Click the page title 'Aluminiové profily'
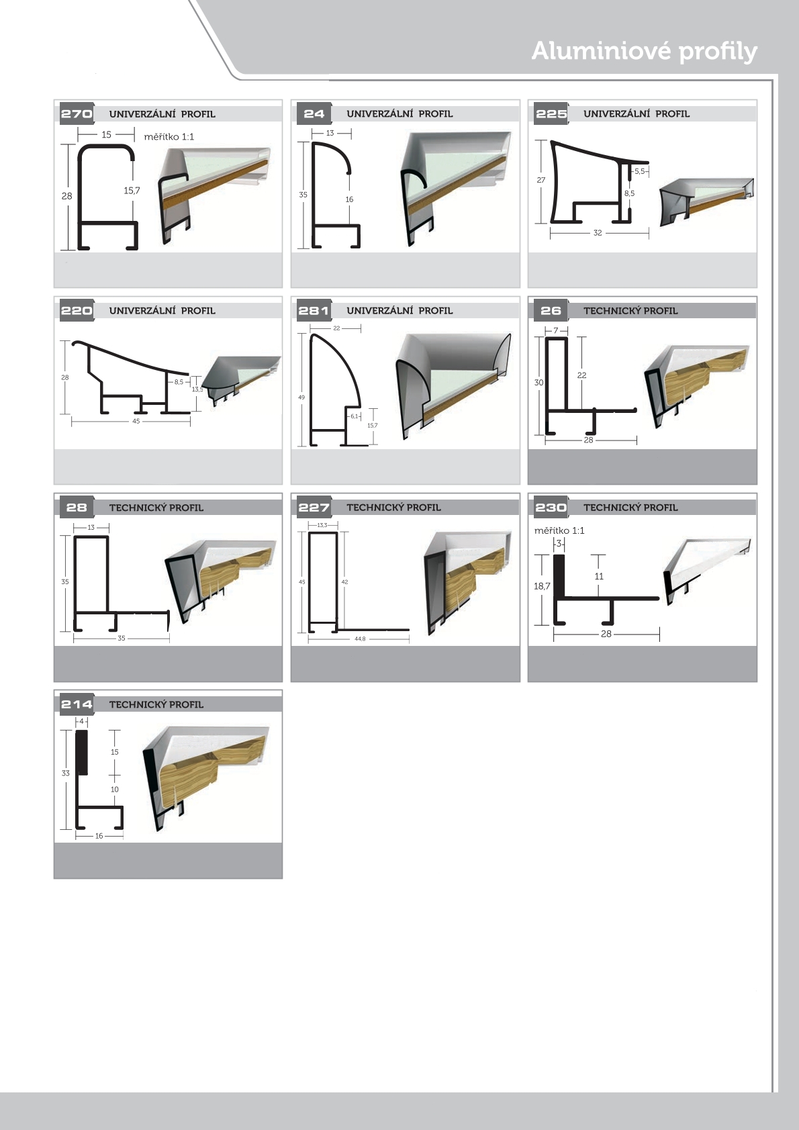pos(644,52)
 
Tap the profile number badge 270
pos(76,113)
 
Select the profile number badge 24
pos(314,113)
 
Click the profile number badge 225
pos(551,113)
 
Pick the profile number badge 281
pos(314,310)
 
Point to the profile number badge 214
pos(76,704)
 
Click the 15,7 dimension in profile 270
pos(132,191)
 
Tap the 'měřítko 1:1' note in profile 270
pos(169,137)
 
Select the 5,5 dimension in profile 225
pos(640,171)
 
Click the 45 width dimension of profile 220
pos(136,421)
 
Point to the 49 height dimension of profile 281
pos(301,397)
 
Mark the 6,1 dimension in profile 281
pos(354,416)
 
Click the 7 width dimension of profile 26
pos(556,330)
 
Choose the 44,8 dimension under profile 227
pos(360,639)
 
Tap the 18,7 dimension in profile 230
pos(542,586)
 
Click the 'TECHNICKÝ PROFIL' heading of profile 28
pos(156,508)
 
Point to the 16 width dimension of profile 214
pos(99,836)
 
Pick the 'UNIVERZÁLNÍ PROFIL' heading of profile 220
pos(162,311)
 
